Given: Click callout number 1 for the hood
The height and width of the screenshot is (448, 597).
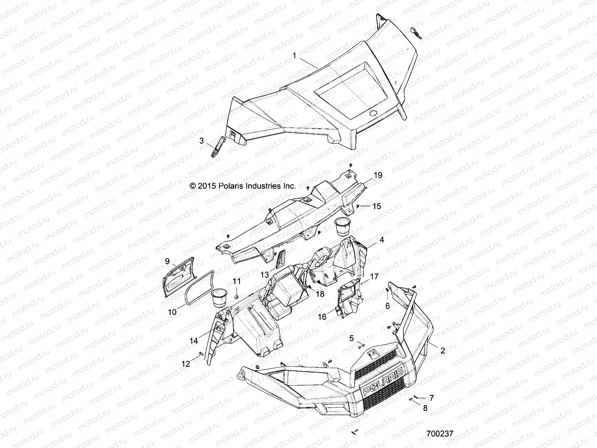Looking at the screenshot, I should [x=294, y=56].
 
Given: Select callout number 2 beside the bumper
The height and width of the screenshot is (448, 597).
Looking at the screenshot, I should [x=443, y=351].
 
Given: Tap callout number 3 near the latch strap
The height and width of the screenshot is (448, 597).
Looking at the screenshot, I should [x=201, y=141].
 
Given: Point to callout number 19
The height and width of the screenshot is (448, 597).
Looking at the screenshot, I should [x=378, y=175].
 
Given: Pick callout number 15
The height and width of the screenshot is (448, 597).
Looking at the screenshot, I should [x=376, y=206].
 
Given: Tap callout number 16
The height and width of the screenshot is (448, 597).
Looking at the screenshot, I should [x=322, y=317].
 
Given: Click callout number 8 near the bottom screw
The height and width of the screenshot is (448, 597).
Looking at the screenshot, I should [x=425, y=408].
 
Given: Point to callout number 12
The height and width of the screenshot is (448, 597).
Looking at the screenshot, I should [x=185, y=364].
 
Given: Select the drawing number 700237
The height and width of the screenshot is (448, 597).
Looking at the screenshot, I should [x=440, y=434].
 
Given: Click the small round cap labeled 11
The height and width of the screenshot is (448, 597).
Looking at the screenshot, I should [x=237, y=296].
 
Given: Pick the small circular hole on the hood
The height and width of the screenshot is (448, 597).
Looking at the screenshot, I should [x=373, y=113].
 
